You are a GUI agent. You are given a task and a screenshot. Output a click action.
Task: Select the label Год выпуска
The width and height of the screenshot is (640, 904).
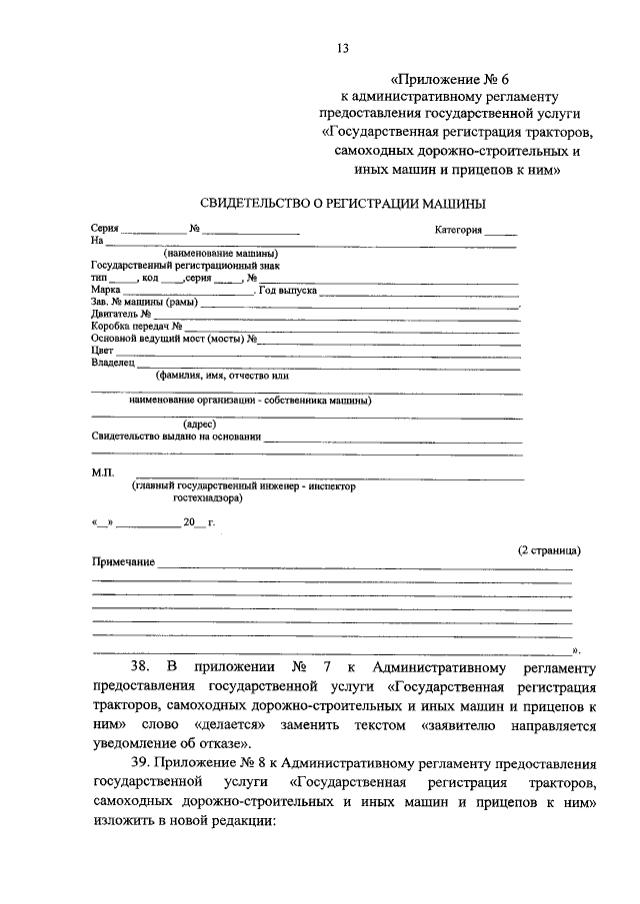(x=288, y=290)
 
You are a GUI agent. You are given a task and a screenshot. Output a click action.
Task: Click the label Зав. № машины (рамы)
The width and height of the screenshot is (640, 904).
(x=144, y=302)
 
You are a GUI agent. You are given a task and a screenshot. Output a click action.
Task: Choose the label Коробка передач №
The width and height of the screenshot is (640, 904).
(x=136, y=326)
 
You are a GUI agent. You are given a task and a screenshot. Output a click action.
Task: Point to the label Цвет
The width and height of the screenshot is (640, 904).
(x=101, y=351)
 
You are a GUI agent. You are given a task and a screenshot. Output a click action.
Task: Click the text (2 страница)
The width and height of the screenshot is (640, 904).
(x=549, y=549)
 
